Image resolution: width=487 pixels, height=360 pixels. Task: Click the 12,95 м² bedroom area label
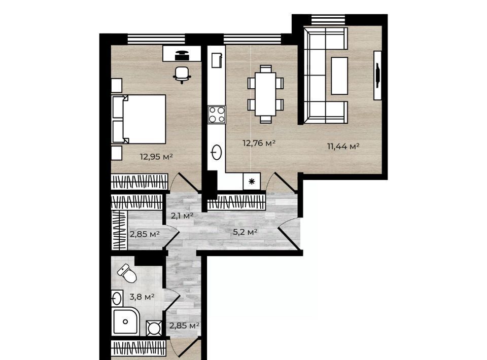(156, 157)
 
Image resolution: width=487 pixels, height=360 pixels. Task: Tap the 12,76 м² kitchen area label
(259, 143)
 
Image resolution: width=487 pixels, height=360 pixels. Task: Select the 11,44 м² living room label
(343, 146)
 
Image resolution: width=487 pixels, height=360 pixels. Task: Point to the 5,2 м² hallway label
(245, 232)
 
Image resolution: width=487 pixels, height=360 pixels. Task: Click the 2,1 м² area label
(182, 215)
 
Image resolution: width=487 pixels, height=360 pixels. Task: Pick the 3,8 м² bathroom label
(142, 297)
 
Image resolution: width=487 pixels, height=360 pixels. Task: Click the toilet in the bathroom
(127, 273)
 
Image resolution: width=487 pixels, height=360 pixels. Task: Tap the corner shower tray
(126, 322)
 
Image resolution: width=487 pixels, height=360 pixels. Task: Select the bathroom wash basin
(117, 298)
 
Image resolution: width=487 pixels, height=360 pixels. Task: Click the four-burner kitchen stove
(217, 115)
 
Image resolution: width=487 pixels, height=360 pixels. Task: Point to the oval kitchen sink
(217, 153)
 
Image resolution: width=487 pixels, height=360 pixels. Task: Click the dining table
(265, 94)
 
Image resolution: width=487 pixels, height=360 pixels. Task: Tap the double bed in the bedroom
(138, 119)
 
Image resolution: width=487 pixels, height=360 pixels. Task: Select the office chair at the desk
(182, 75)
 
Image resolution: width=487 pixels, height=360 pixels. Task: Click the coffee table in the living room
(339, 76)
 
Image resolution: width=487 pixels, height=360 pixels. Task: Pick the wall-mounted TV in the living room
(377, 76)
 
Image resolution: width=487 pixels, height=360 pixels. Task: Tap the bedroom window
(156, 39)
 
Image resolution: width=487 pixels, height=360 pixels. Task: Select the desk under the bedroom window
(182, 53)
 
